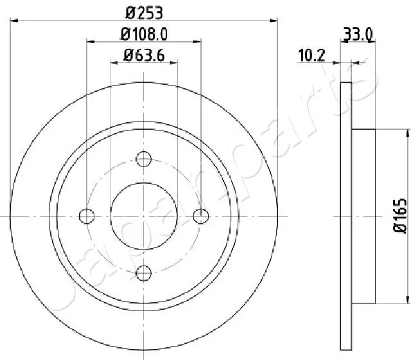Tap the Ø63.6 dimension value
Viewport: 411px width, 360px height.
(x=144, y=55)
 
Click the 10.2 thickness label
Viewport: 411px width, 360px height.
(x=311, y=55)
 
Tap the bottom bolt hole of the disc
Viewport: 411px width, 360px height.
(x=144, y=273)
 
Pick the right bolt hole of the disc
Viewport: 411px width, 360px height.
(x=202, y=216)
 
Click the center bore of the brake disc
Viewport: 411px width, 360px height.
(x=144, y=216)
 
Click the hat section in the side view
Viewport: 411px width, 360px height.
(x=364, y=216)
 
